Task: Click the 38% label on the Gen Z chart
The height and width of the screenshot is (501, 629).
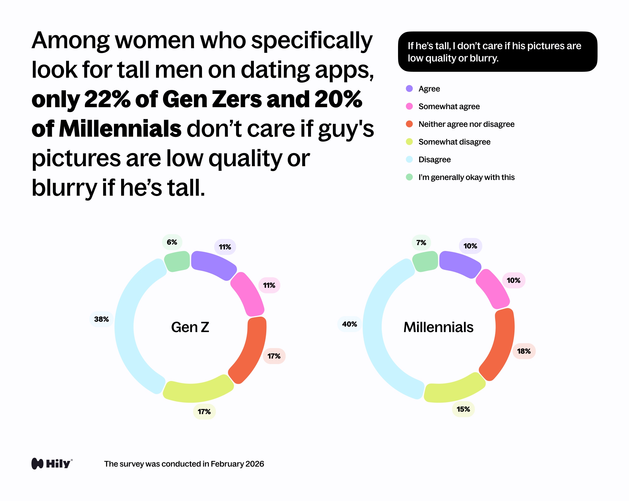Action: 101,319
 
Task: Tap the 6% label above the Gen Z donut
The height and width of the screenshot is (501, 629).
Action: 172,242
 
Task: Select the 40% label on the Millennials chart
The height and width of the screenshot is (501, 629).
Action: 349,324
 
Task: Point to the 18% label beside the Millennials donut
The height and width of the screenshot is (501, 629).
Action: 524,351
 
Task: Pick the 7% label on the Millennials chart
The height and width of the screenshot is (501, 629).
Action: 421,243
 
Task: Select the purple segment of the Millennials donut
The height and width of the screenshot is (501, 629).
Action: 459,264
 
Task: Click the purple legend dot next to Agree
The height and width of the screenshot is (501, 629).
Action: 409,88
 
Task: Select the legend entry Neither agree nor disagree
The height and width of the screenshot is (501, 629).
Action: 466,124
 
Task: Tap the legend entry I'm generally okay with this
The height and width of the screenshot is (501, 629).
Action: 466,177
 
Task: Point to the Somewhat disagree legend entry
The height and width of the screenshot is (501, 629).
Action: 454,142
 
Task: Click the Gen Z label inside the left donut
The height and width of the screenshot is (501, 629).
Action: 190,327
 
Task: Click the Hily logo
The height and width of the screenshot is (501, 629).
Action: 52,464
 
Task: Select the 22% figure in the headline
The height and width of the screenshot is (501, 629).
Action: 107,99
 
